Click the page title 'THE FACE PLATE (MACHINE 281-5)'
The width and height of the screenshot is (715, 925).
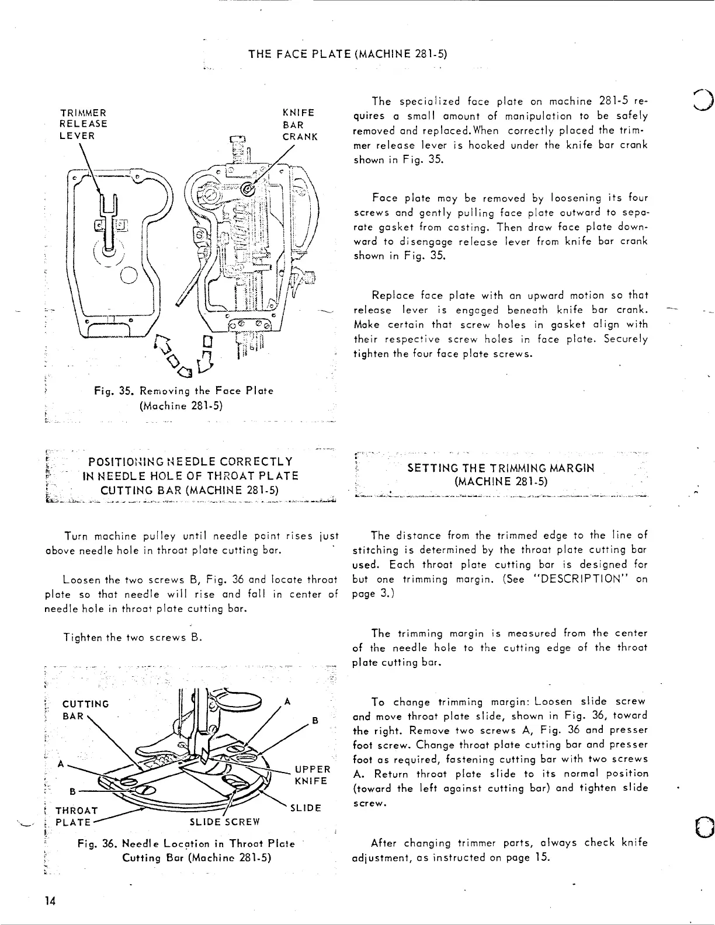coord(348,55)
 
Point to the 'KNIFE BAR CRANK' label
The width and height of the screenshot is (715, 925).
coord(299,124)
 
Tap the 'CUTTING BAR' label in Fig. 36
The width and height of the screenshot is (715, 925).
coord(85,710)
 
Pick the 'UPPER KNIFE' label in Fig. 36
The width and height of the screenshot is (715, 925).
coord(313,775)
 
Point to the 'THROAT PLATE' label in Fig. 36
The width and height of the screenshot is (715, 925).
coord(76,816)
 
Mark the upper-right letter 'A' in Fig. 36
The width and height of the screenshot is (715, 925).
coord(288,702)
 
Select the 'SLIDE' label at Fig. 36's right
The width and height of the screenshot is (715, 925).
coord(306,808)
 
